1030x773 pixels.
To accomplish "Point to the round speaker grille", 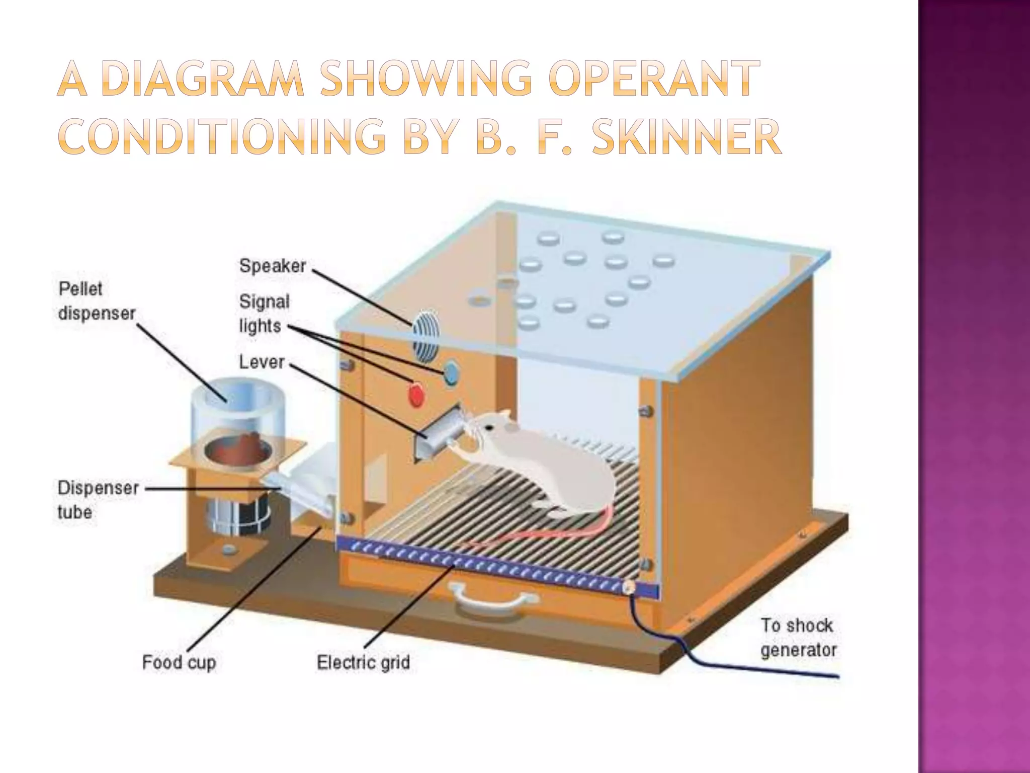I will tap(422, 336).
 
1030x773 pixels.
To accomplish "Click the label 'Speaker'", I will tap(273, 266).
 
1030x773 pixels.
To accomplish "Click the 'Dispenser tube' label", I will tap(98, 500).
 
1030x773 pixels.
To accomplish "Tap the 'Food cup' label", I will tap(179, 662).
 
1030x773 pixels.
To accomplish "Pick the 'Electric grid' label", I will tap(363, 662).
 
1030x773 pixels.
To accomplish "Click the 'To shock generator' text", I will tap(798, 638).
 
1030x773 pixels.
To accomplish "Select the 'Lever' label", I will tap(262, 362).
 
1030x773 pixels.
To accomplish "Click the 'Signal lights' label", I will tap(264, 314).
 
